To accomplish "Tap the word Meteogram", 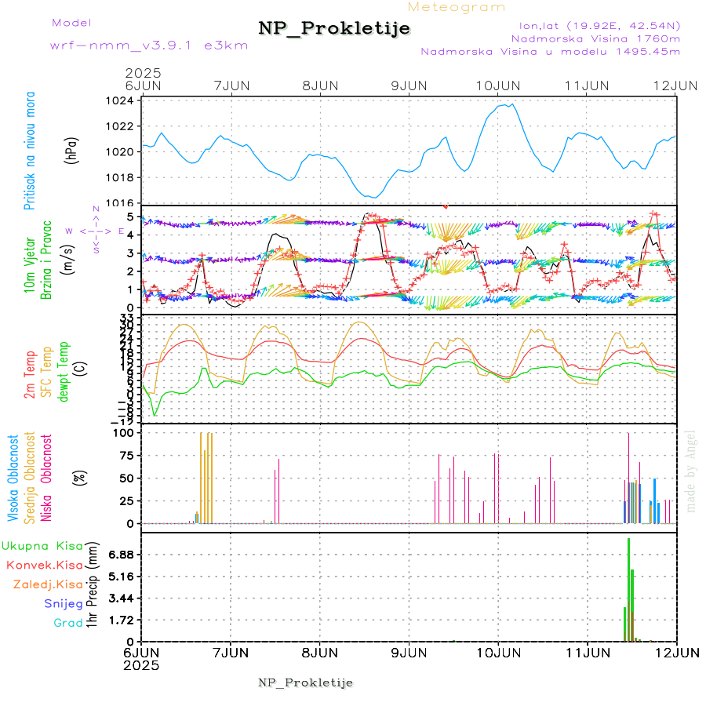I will [457, 7].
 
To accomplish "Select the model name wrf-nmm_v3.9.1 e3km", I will [149, 45].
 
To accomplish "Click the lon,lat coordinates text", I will [594, 24].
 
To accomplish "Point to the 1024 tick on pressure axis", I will [124, 101].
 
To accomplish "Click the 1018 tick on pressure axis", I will [124, 177].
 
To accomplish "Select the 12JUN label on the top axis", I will [676, 86].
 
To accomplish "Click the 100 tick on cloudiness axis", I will [126, 432].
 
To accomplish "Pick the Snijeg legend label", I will [64, 603].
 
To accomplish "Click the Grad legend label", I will [68, 623].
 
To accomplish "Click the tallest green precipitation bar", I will [629, 588].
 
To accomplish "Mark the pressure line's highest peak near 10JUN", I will [511, 104].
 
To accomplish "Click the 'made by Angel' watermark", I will [691, 471].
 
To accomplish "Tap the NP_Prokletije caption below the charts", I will [305, 682].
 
